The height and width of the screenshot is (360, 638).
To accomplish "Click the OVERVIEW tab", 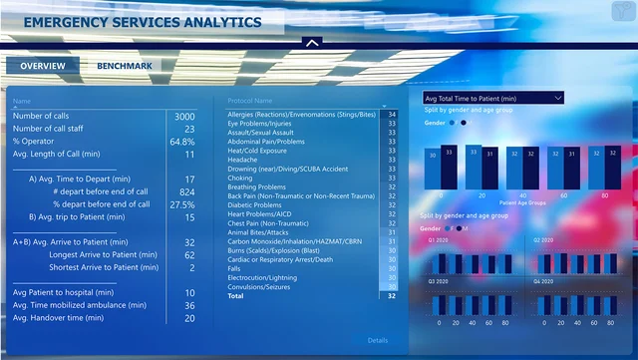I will pos(43,66).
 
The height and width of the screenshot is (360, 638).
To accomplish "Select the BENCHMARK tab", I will pos(125,66).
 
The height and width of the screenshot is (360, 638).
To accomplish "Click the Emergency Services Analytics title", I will pos(143,22).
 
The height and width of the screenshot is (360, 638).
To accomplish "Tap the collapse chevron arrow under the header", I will pos(312,43).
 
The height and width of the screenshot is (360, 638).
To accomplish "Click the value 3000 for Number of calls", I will pos(184,117).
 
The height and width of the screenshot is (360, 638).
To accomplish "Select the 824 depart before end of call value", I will pos(186,191).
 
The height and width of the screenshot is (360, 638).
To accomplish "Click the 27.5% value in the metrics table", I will pos(182,204).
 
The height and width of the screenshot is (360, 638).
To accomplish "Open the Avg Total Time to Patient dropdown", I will pos(492,99).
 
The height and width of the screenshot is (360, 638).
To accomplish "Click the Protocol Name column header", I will pos(250,101).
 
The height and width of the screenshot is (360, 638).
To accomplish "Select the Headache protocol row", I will pos(243,160).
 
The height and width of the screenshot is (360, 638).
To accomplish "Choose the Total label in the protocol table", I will pos(235,296).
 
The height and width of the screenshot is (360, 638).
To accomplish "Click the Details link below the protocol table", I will pos(377,340).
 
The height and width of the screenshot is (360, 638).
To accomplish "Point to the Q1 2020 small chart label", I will pos(438,240).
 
